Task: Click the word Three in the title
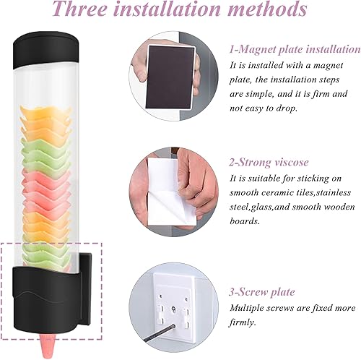(x=80, y=9)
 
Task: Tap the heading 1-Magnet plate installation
(x=295, y=49)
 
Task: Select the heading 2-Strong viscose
(x=269, y=162)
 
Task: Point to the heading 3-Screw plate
(x=261, y=292)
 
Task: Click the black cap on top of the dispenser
(x=45, y=49)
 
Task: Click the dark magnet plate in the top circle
(x=171, y=77)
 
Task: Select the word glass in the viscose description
(x=260, y=207)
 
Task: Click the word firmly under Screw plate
(x=241, y=322)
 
